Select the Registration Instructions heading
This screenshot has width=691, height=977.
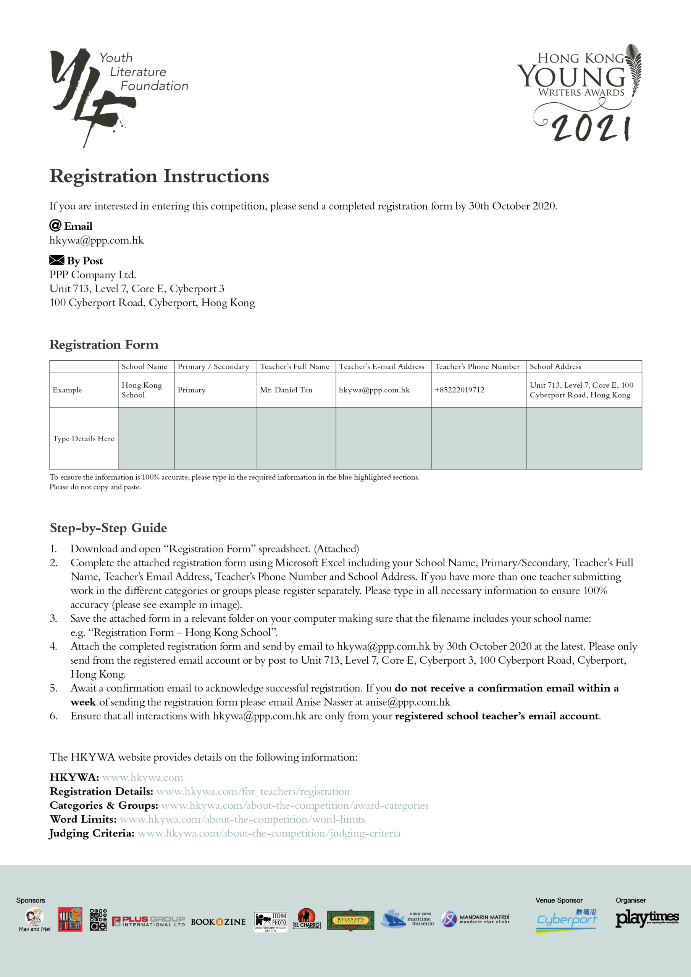click(159, 176)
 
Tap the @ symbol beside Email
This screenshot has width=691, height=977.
click(55, 225)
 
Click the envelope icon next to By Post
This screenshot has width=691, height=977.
click(57, 260)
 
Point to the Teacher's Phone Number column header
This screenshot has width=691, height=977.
click(477, 366)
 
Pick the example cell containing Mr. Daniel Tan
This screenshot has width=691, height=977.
click(286, 390)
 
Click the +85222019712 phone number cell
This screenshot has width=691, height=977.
click(459, 390)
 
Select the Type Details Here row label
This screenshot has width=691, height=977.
click(84, 439)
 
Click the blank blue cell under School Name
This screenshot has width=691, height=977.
click(147, 438)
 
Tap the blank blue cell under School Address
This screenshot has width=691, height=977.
click(584, 438)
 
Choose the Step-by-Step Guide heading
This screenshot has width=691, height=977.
click(108, 528)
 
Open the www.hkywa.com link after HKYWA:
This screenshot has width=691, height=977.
click(143, 777)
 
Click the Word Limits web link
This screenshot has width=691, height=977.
click(242, 819)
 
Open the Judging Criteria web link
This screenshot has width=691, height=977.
click(269, 833)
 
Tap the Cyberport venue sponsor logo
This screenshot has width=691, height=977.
click(567, 920)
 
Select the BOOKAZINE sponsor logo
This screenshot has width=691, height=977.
click(218, 922)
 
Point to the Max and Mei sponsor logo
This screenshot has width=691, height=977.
click(34, 919)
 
